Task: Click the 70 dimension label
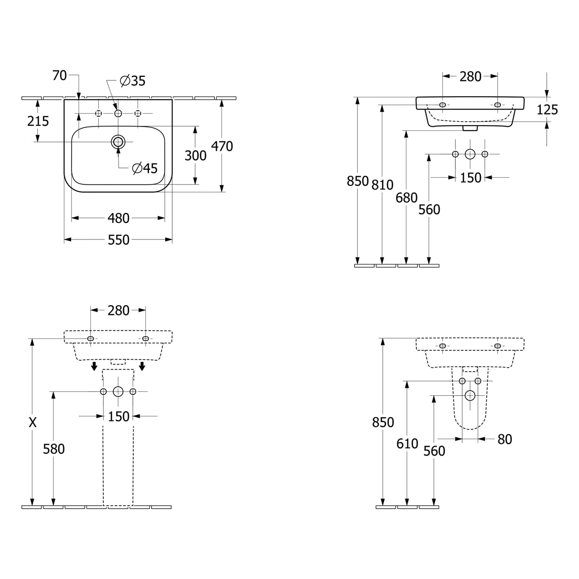click(x=59, y=76)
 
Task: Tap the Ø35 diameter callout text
click(x=133, y=81)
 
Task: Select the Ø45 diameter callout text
click(x=145, y=168)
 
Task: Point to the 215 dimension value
click(x=38, y=121)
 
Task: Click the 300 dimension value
click(x=196, y=156)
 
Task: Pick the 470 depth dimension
click(x=222, y=146)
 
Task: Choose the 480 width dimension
click(x=119, y=218)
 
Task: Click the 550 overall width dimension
click(x=119, y=240)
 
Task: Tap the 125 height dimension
click(x=547, y=110)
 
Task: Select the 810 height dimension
click(x=383, y=185)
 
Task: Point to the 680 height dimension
click(x=406, y=198)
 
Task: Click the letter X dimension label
click(x=33, y=423)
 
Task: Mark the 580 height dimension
click(x=54, y=449)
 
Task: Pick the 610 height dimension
click(x=407, y=444)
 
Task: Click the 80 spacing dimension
click(x=505, y=439)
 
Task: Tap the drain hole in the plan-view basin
click(x=118, y=142)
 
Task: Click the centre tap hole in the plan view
click(x=118, y=113)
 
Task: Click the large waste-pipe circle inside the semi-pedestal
click(x=470, y=395)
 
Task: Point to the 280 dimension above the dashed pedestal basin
click(x=119, y=310)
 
